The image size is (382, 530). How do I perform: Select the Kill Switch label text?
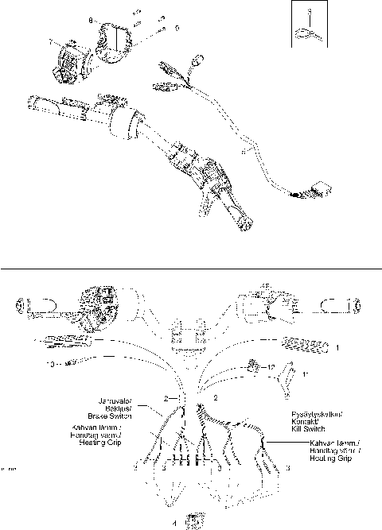click(x=304, y=427)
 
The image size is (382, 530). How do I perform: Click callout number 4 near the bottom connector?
click(x=175, y=522)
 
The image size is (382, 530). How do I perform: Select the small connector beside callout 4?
click(x=192, y=520)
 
